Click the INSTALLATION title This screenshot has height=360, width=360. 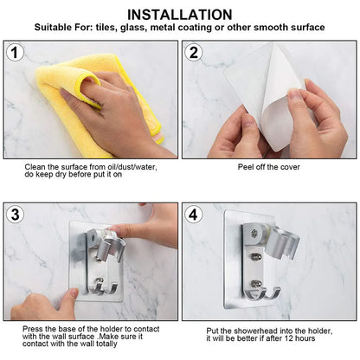pyautogui.click(x=179, y=14)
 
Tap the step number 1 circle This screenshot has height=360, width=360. pyautogui.click(x=16, y=54)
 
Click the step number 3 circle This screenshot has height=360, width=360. pyautogui.click(x=16, y=214)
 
